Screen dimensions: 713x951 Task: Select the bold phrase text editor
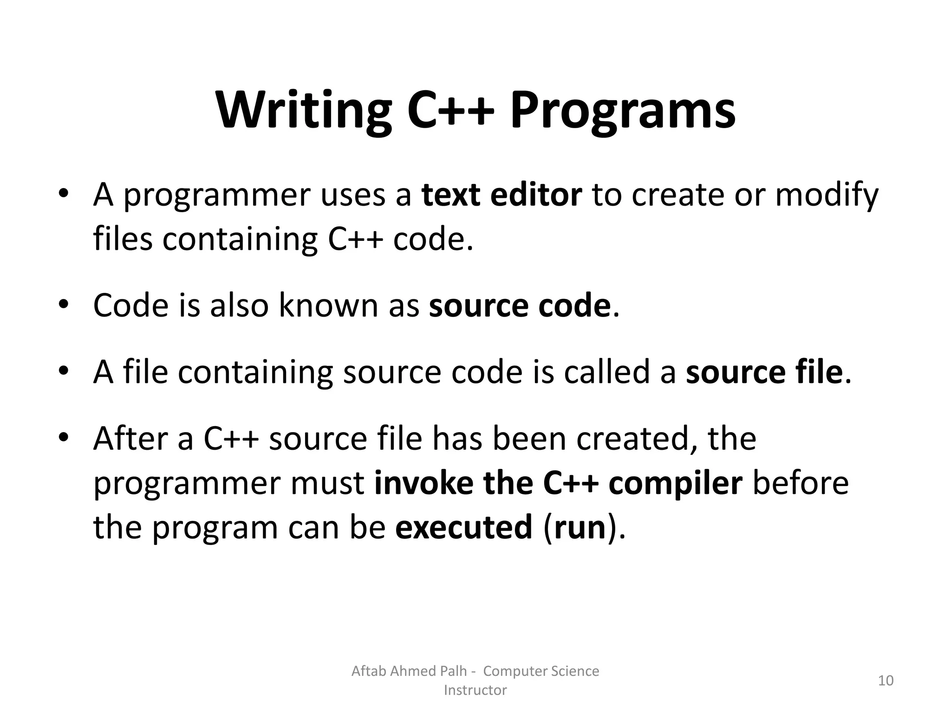point(502,195)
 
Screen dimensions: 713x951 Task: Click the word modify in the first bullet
point(827,195)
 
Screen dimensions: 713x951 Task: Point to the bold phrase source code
point(519,306)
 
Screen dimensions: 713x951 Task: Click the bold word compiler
point(675,483)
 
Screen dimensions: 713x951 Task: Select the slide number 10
point(886,681)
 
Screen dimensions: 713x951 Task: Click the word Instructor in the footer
point(475,690)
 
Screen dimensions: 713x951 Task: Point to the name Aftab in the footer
point(369,671)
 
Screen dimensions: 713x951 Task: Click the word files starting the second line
point(123,239)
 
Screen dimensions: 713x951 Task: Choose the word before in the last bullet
point(800,483)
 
